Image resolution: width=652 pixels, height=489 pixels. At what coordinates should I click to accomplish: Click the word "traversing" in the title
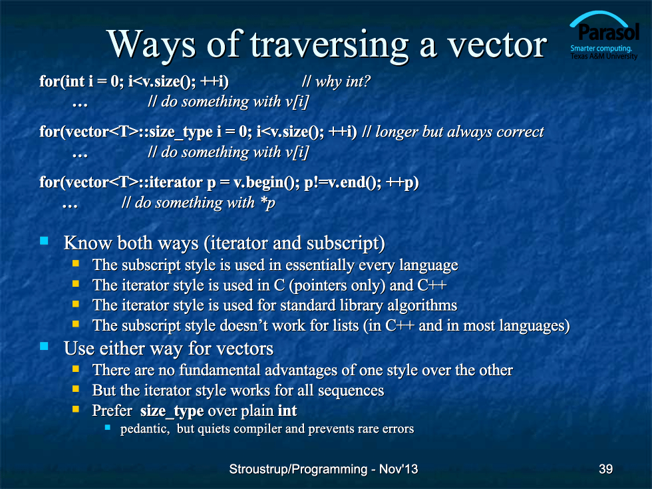pyautogui.click(x=329, y=45)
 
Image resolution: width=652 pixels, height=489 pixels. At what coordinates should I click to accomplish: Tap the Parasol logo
pyautogui.click(x=604, y=35)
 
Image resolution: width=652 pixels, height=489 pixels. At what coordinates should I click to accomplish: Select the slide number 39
pyautogui.click(x=605, y=469)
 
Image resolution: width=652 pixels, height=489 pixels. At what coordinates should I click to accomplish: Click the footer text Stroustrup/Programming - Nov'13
pyautogui.click(x=323, y=469)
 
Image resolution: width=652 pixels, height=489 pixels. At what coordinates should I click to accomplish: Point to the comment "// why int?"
pyautogui.click(x=336, y=81)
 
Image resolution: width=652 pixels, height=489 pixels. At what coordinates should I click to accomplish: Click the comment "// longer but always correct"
pyautogui.click(x=453, y=132)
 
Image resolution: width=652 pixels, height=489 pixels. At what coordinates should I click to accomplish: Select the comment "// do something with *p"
pyautogui.click(x=198, y=202)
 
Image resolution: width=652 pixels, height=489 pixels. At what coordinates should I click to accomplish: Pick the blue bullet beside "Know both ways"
pyautogui.click(x=44, y=241)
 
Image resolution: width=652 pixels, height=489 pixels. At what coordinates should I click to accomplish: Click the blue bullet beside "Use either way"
pyautogui.click(x=44, y=346)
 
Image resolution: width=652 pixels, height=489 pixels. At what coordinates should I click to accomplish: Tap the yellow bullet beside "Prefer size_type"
pyautogui.click(x=76, y=408)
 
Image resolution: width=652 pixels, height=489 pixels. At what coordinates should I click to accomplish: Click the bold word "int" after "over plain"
pyautogui.click(x=287, y=410)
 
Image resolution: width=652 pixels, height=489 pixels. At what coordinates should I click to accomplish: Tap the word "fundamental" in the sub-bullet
pyautogui.click(x=220, y=370)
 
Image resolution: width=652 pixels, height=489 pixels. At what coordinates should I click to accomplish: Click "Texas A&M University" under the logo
pyautogui.click(x=604, y=57)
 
